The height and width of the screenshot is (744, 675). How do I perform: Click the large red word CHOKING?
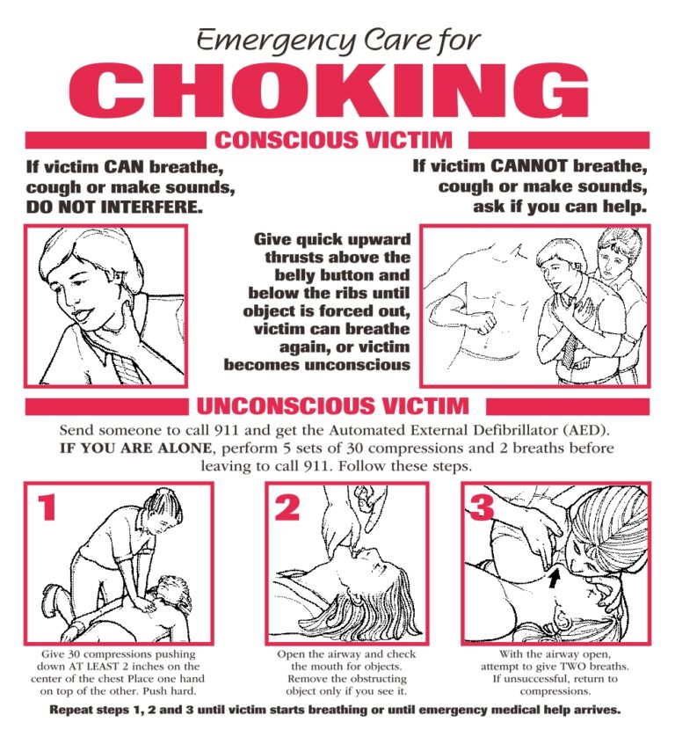point(338,91)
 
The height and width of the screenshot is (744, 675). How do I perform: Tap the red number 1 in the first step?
point(48,507)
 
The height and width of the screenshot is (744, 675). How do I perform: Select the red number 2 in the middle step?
point(287,507)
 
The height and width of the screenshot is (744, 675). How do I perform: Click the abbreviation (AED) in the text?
point(581,431)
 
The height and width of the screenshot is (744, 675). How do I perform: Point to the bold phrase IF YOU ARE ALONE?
point(135,449)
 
